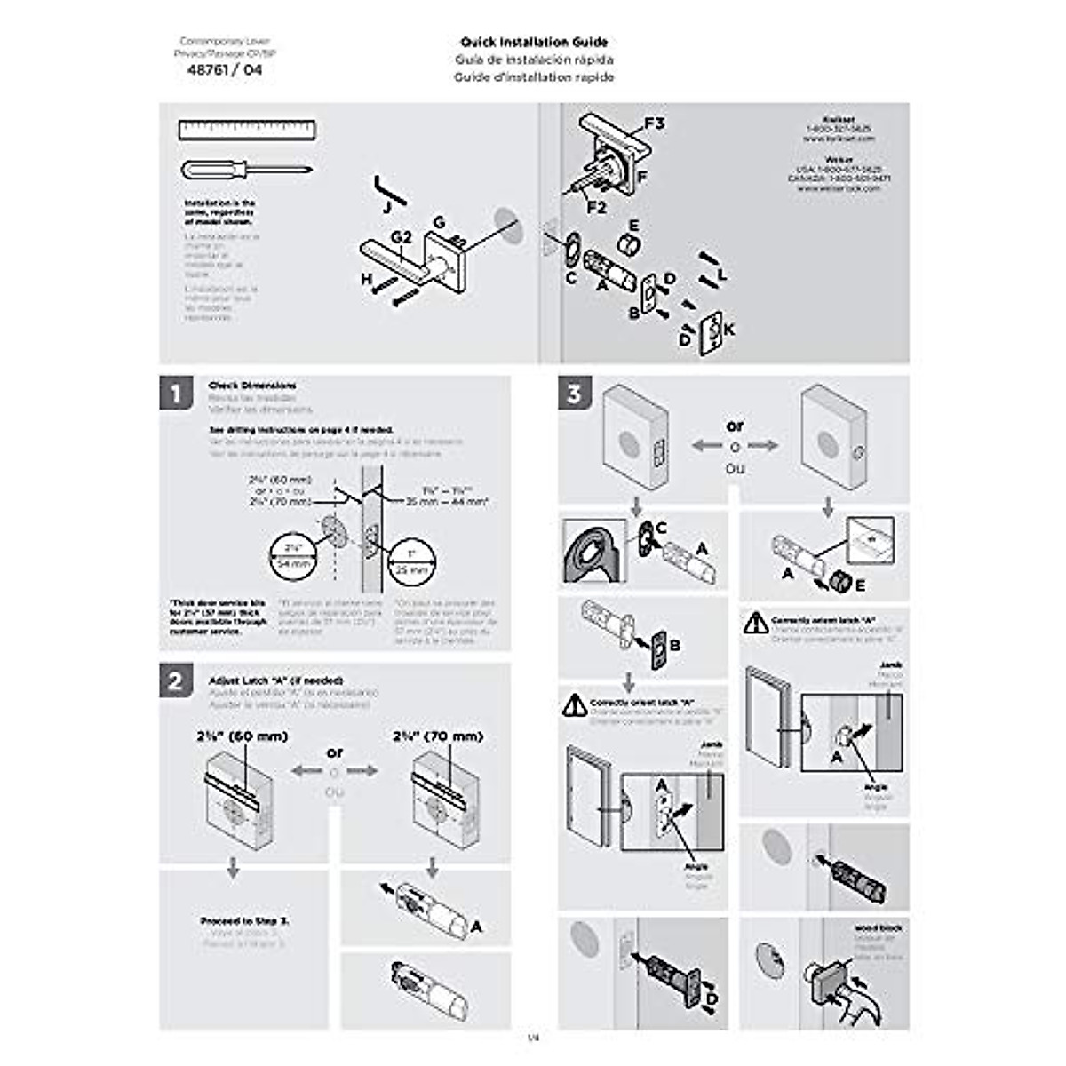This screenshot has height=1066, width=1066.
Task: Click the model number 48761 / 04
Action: point(225,70)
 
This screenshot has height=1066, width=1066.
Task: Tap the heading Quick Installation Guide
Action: point(534,42)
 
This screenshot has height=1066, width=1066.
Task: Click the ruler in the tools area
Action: point(247,131)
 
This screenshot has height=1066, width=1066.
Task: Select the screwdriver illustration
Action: point(245,169)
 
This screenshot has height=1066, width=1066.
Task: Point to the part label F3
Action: point(654,123)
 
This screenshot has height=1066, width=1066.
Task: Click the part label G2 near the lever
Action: point(402,237)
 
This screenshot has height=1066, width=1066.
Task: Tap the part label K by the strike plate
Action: point(729,330)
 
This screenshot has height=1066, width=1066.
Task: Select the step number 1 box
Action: point(177,393)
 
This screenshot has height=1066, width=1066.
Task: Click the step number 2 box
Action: point(177,680)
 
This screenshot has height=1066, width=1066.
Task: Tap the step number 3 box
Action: point(575,393)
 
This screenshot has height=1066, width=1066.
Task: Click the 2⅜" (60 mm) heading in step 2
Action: point(243,736)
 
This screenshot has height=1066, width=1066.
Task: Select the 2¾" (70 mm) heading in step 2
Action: point(438,736)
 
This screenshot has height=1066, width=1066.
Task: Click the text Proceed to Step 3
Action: point(244,921)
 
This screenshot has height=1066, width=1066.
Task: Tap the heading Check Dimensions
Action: point(252,386)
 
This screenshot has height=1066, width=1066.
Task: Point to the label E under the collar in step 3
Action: point(860,586)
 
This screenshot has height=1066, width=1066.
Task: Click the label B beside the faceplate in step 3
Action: point(674,646)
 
